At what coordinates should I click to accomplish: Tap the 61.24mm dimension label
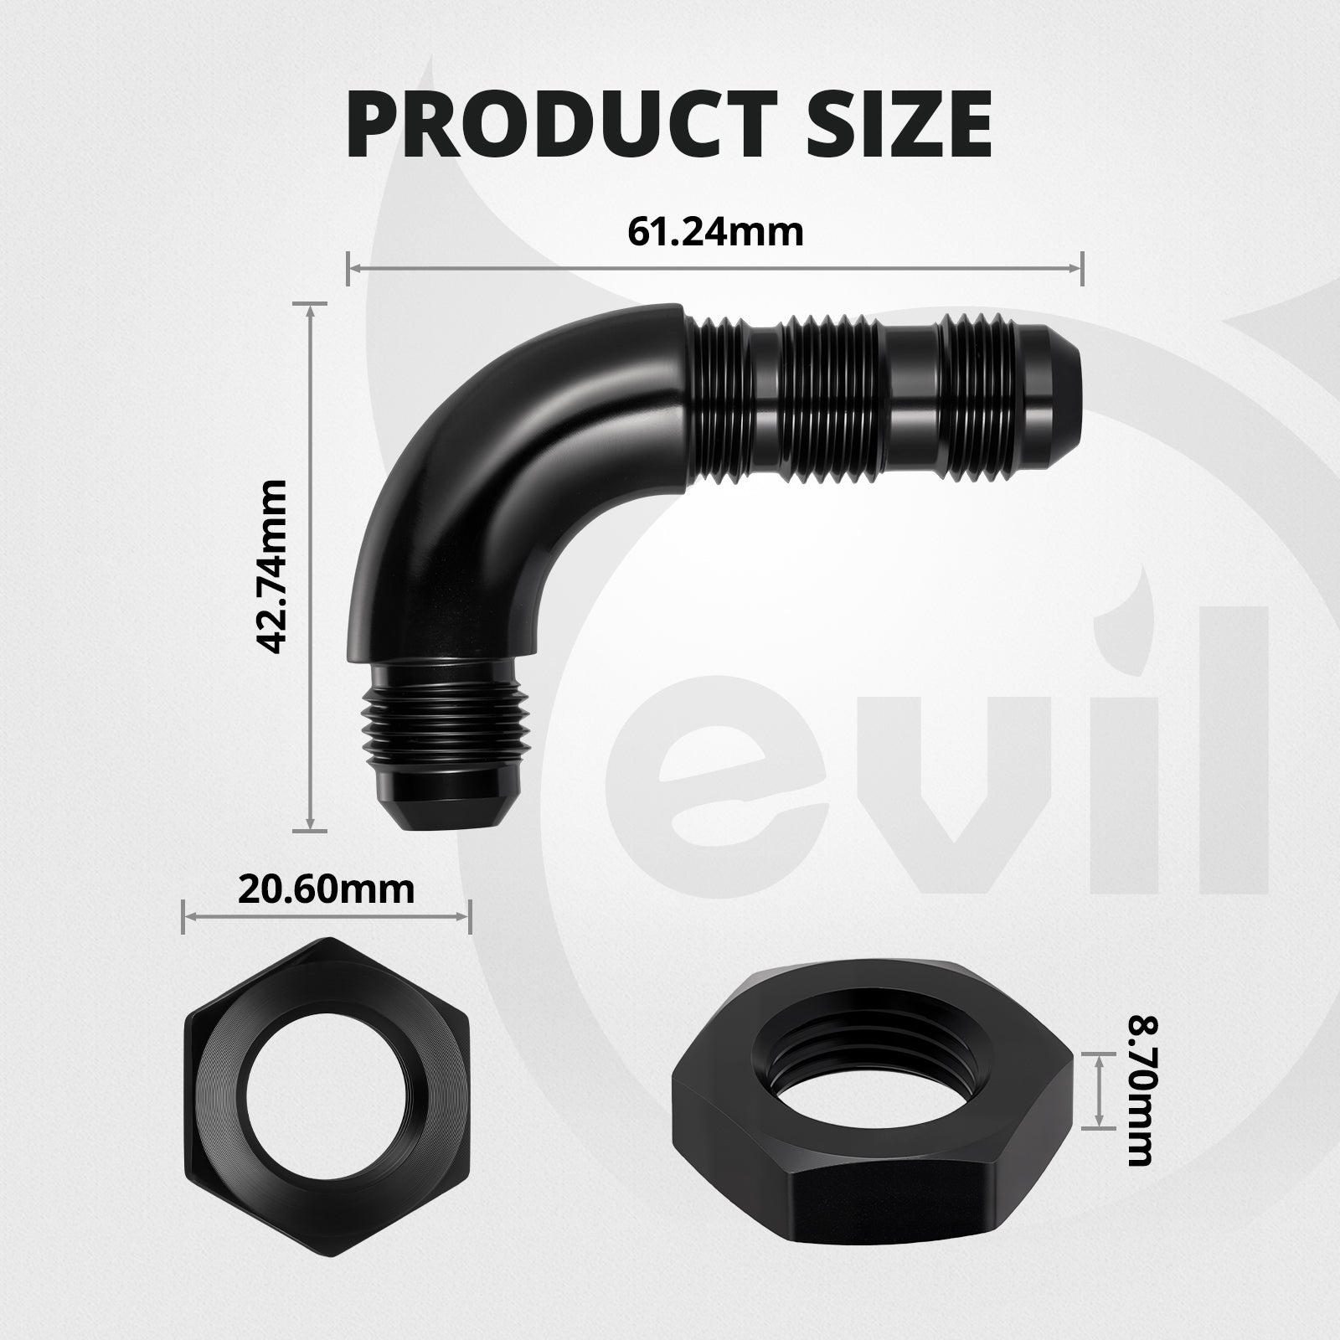tap(715, 232)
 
